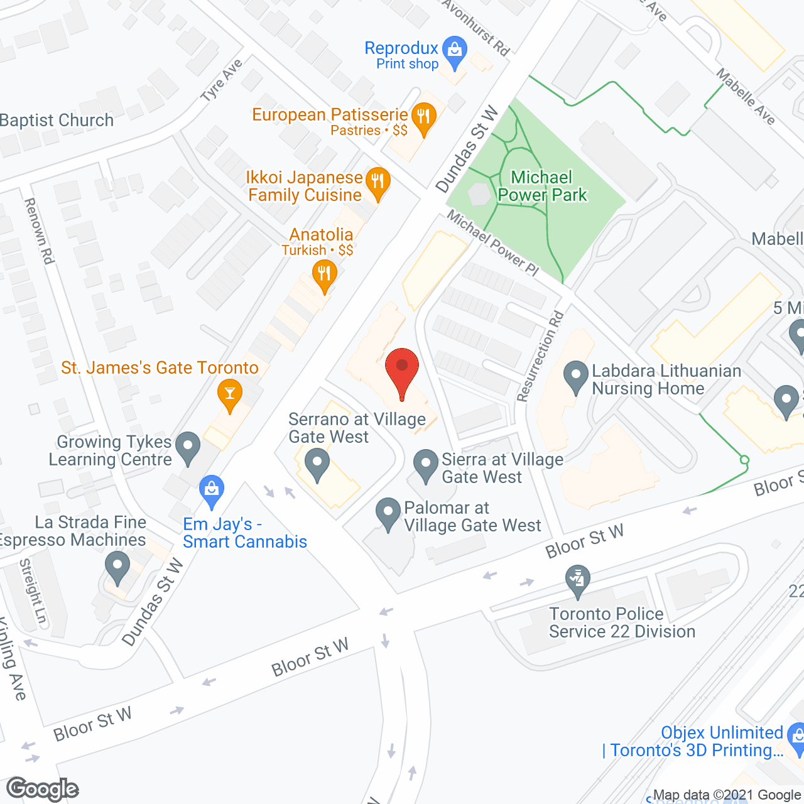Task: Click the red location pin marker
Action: tap(402, 368)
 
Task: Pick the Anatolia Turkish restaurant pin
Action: tap(324, 275)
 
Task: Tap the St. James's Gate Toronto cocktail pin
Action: tap(229, 394)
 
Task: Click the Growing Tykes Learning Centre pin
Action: tap(187, 447)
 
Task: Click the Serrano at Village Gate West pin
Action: tap(317, 466)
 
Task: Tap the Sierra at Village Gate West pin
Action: tap(426, 465)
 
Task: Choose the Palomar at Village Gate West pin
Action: tap(388, 513)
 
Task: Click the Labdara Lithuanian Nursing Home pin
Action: tap(575, 377)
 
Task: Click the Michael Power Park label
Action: tap(542, 186)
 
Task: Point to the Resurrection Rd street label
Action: tap(540, 356)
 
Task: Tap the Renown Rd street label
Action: tap(39, 231)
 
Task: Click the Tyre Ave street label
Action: tap(221, 80)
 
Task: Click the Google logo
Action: tap(43, 789)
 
